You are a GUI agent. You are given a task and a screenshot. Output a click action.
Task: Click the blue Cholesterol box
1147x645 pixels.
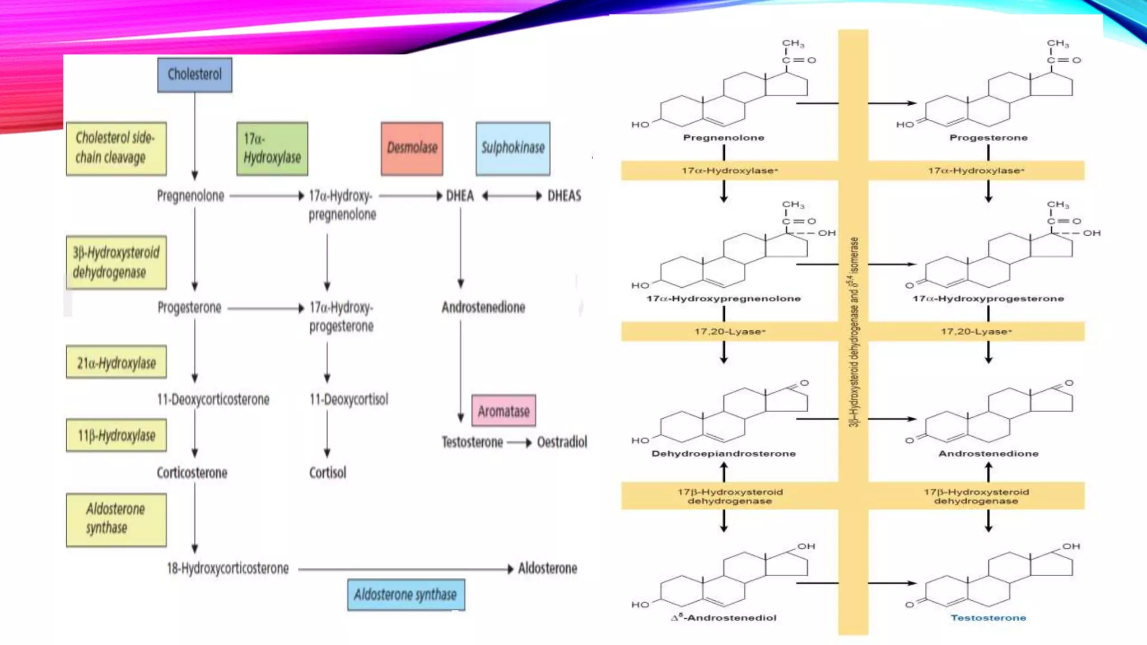[194, 74]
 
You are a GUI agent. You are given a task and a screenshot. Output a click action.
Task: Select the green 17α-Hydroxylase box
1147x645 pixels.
[272, 148]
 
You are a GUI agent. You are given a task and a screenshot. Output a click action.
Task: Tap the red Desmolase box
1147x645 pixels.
[412, 148]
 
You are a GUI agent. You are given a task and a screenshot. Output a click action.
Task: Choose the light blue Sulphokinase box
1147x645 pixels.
[512, 148]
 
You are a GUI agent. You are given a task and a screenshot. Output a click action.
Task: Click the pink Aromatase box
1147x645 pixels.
[503, 411]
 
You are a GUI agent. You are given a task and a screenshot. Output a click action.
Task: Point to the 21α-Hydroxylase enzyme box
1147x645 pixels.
[116, 362]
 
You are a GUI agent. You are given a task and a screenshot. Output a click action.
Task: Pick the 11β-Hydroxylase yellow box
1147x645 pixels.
[116, 435]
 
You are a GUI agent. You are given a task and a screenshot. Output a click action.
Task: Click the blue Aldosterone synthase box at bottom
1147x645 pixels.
[405, 595]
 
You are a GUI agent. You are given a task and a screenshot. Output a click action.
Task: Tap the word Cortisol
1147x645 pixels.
[328, 473]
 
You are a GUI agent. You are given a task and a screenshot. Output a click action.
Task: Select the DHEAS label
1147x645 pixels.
[564, 195]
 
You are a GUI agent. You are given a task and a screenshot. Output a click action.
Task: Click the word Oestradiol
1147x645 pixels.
[562, 442]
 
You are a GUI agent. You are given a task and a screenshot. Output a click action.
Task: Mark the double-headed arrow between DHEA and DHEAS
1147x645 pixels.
[512, 195]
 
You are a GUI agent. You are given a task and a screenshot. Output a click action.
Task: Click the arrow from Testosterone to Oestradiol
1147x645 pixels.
[519, 443]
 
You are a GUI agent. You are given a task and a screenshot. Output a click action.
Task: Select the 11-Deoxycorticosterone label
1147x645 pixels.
[213, 399]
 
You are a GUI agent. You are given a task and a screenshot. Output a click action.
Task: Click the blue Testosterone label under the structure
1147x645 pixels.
[988, 618]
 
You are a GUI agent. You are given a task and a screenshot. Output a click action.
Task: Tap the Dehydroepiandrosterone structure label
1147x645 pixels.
[723, 454]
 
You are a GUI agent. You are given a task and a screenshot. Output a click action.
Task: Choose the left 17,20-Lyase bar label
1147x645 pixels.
[729, 331]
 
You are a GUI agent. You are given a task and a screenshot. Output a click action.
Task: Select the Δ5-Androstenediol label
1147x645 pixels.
[724, 618]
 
